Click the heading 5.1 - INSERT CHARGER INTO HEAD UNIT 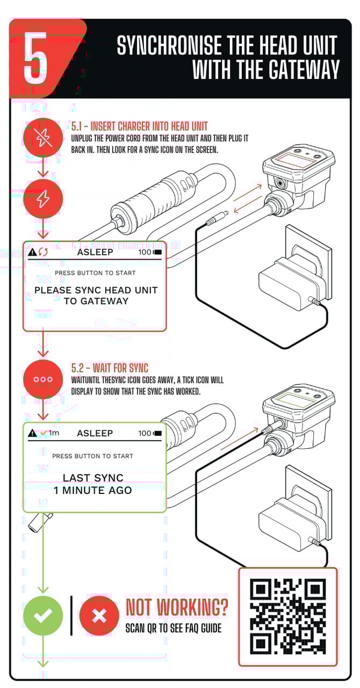pos(139,127)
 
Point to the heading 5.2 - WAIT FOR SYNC pos(110,368)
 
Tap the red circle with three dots pos(43,379)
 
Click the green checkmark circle pos(43,615)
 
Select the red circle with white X pos(99,616)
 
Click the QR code pos(288,615)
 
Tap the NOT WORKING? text pos(177,607)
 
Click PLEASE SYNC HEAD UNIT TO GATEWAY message pos(96,296)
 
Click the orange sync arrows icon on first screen pos(43,252)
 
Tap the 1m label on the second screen pos(54,433)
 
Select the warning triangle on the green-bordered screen pos(33,433)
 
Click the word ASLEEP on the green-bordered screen pos(95,433)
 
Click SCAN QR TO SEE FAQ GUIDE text pos(173,628)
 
